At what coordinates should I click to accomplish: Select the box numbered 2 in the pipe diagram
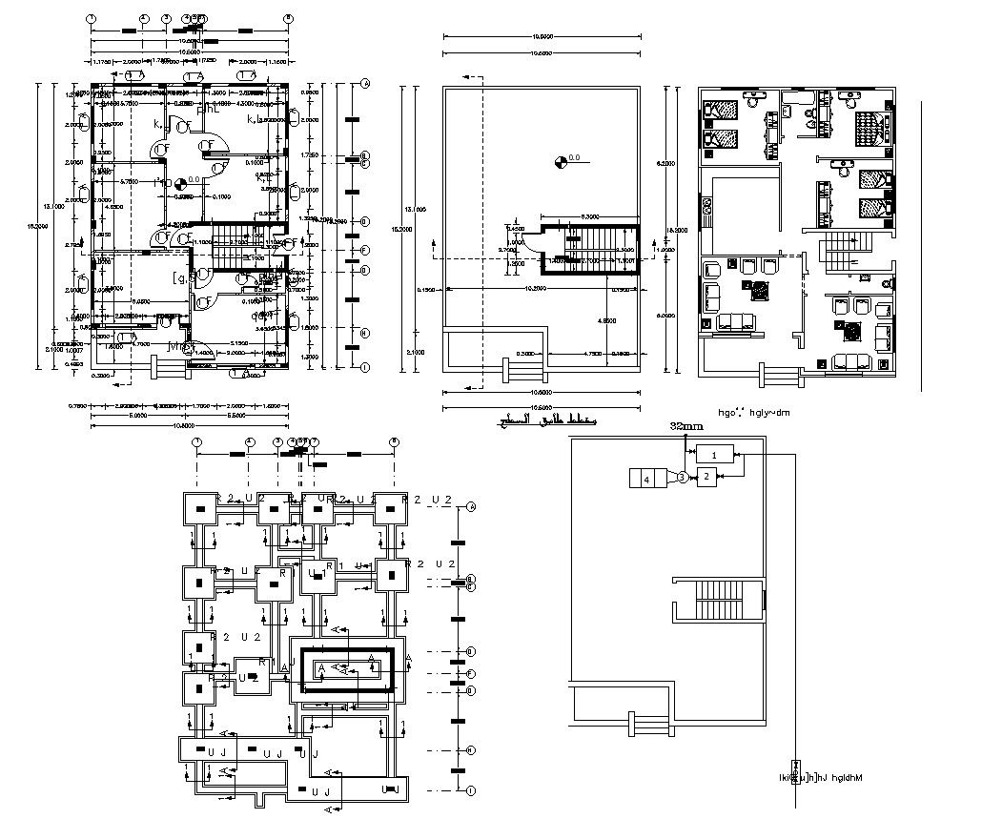[x=706, y=477]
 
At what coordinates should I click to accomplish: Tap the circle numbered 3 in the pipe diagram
[x=683, y=477]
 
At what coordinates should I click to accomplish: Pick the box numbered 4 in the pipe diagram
[x=646, y=478]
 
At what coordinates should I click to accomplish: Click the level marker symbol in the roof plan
[x=560, y=160]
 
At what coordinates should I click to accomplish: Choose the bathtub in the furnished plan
[x=795, y=98]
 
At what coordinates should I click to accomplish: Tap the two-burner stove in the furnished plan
[x=706, y=206]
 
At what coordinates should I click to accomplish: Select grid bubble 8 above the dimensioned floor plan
[x=288, y=18]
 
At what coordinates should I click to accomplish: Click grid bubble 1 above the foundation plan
[x=196, y=441]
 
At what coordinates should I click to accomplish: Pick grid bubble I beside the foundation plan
[x=471, y=789]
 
